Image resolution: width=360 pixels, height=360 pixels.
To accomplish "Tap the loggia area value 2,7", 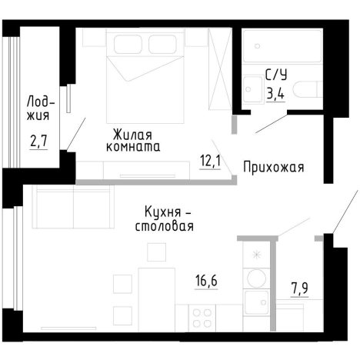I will pyautogui.click(x=38, y=142).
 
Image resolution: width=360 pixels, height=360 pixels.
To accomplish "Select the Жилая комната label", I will pyautogui.click(x=134, y=138).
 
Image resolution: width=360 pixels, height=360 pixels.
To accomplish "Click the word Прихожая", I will pyautogui.click(x=275, y=166).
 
